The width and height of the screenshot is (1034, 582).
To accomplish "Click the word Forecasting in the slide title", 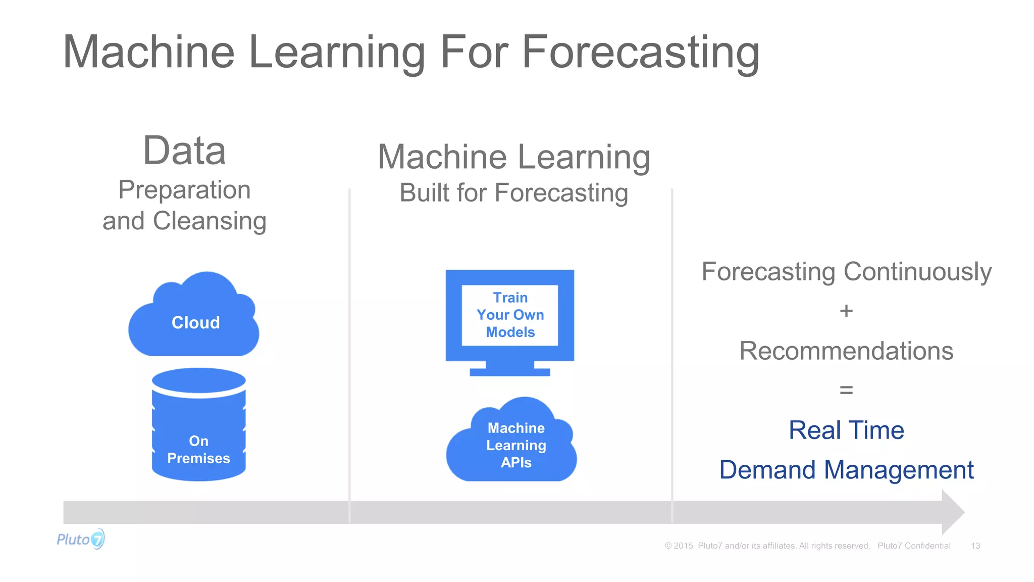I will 640,53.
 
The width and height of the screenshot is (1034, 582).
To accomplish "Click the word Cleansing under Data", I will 210,221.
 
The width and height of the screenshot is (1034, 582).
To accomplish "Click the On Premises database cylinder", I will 198,429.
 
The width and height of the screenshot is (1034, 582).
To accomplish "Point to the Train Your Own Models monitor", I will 510,315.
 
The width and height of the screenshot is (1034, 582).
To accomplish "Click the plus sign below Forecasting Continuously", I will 846,311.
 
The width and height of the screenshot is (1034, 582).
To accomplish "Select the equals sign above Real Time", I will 846,390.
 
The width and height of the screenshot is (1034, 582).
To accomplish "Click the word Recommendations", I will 846,351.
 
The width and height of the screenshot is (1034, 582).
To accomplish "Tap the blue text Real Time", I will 846,430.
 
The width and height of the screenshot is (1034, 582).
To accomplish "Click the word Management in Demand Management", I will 899,470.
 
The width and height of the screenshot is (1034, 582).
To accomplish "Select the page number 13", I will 975,546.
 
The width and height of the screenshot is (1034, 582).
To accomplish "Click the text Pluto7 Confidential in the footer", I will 914,546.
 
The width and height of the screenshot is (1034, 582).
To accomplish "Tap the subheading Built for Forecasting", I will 514,193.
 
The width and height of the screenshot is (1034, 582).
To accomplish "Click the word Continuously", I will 917,272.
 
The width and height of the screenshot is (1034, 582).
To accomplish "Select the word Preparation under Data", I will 184,190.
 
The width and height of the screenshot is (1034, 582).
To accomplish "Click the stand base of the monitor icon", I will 509,372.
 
